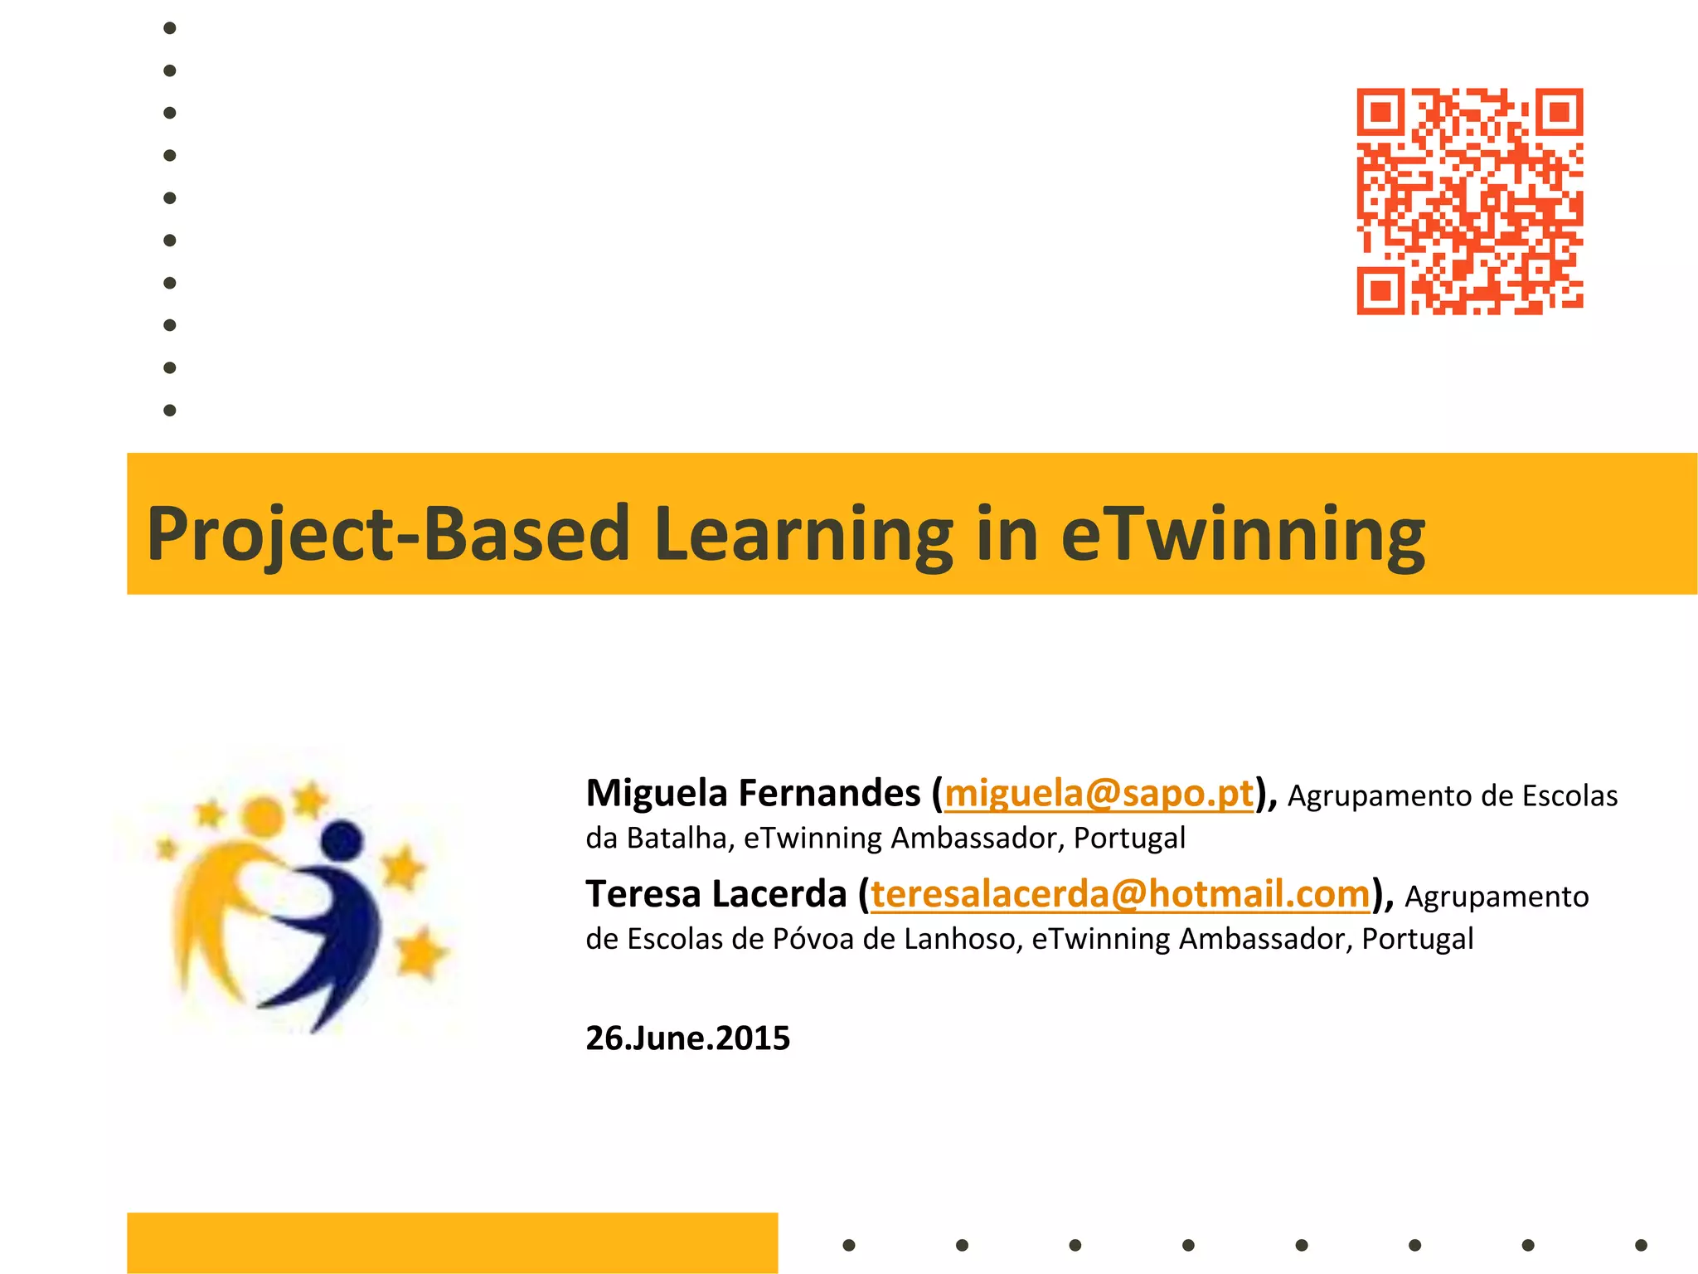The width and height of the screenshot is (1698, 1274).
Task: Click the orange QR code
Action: pos(1469,202)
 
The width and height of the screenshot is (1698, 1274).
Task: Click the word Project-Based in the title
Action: pos(388,534)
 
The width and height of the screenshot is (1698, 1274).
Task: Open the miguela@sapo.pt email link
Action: pos(1099,794)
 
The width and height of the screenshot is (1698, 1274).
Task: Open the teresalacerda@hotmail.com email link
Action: pos(1120,895)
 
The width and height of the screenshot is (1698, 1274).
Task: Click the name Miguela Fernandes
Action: pos(753,794)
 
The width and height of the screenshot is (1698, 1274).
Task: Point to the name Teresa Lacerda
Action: pos(716,895)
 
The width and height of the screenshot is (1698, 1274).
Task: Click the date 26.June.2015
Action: pos(687,1038)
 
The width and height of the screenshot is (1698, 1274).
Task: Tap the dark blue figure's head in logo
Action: pos(342,841)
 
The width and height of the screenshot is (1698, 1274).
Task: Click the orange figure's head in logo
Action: pos(264,815)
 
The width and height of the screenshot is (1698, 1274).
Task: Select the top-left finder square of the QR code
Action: pos(1380,112)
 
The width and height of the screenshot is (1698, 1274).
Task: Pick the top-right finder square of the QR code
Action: pos(1560,112)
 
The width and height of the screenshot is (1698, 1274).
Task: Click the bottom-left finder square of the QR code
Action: pos(1380,291)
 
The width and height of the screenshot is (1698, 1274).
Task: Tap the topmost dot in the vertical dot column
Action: pos(170,28)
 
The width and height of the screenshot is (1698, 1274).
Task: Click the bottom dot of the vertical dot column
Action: pos(170,411)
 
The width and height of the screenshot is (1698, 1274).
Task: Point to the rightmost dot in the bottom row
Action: pos(1641,1245)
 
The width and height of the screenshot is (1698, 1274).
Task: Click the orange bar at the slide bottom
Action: pos(452,1242)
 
